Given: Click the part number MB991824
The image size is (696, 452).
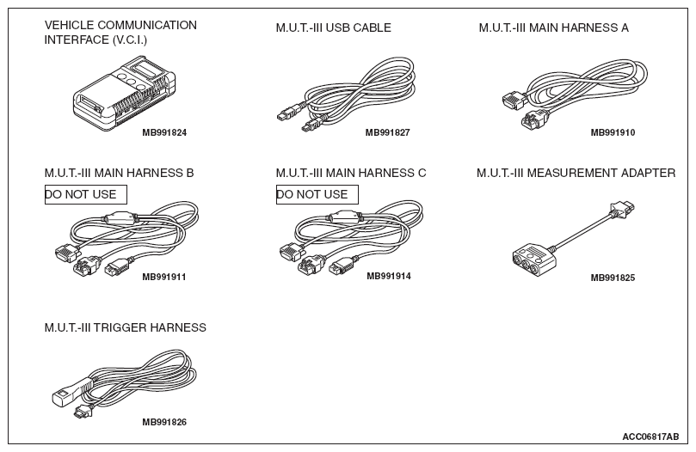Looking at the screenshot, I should (x=164, y=133).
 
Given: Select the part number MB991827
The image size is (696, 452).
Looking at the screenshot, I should (x=387, y=133).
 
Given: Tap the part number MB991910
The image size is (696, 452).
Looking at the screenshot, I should (x=613, y=133).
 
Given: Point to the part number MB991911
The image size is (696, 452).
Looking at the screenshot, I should (x=164, y=277).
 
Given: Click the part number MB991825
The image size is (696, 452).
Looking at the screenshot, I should (x=613, y=278).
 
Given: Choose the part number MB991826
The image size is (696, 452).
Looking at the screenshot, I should (x=164, y=422).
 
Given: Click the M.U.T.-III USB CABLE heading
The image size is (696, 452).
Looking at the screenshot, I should (x=333, y=28).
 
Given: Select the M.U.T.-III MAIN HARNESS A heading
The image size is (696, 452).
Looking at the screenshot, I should (x=553, y=28).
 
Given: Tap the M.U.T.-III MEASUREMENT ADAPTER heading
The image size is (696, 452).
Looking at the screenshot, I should (x=576, y=174).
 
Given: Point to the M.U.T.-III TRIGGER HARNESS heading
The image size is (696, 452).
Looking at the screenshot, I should (x=126, y=327).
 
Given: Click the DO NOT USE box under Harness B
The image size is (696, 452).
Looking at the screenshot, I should (x=85, y=194).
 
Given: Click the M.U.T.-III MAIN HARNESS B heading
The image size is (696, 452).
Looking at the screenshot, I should (x=119, y=174).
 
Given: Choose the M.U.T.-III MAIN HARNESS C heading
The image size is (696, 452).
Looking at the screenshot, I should (x=350, y=174).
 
